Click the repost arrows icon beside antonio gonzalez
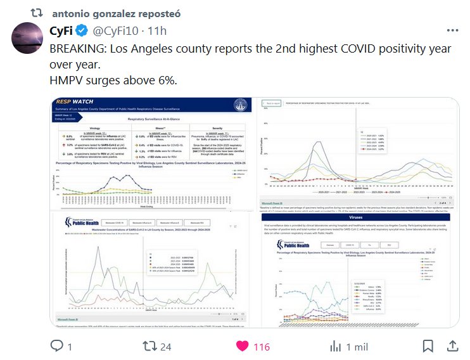click(x=38, y=13)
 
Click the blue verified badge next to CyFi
click(x=82, y=30)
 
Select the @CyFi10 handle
click(x=116, y=30)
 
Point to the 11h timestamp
click(x=156, y=30)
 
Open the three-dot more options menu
click(x=452, y=30)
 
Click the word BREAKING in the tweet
click(x=79, y=49)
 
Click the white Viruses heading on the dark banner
click(x=358, y=216)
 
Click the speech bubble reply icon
click(x=56, y=346)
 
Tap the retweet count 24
click(x=166, y=347)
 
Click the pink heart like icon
click(x=242, y=346)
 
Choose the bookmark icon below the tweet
click(x=428, y=346)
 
